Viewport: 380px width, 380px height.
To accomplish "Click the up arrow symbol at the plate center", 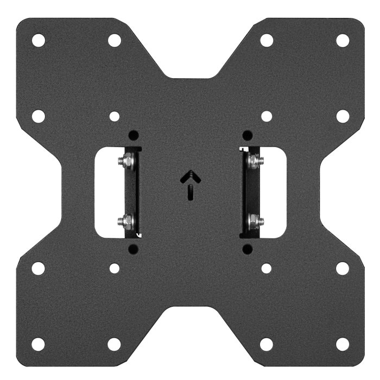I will coord(189,185).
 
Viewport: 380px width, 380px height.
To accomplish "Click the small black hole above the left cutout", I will coord(133,135).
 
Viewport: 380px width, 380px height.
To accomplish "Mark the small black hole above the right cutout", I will coord(247,135).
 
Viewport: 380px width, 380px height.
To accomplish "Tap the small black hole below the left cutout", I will coord(133,249).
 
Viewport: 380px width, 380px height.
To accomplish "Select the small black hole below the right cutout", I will coord(247,249).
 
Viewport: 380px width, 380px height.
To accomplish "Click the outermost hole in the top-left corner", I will coord(38,40).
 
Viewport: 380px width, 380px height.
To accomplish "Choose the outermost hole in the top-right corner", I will coord(342,40).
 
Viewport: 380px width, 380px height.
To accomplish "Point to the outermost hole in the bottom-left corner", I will coord(38,344).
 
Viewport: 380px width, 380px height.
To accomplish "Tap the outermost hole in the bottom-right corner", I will coord(342,344).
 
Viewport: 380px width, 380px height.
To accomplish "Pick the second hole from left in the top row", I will coord(114,40).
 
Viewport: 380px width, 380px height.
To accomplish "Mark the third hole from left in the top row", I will coord(266,40).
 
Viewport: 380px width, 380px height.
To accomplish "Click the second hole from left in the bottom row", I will coord(114,344).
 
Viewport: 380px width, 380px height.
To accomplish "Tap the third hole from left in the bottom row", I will coord(266,344).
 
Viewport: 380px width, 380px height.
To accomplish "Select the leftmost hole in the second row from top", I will coord(38,116).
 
